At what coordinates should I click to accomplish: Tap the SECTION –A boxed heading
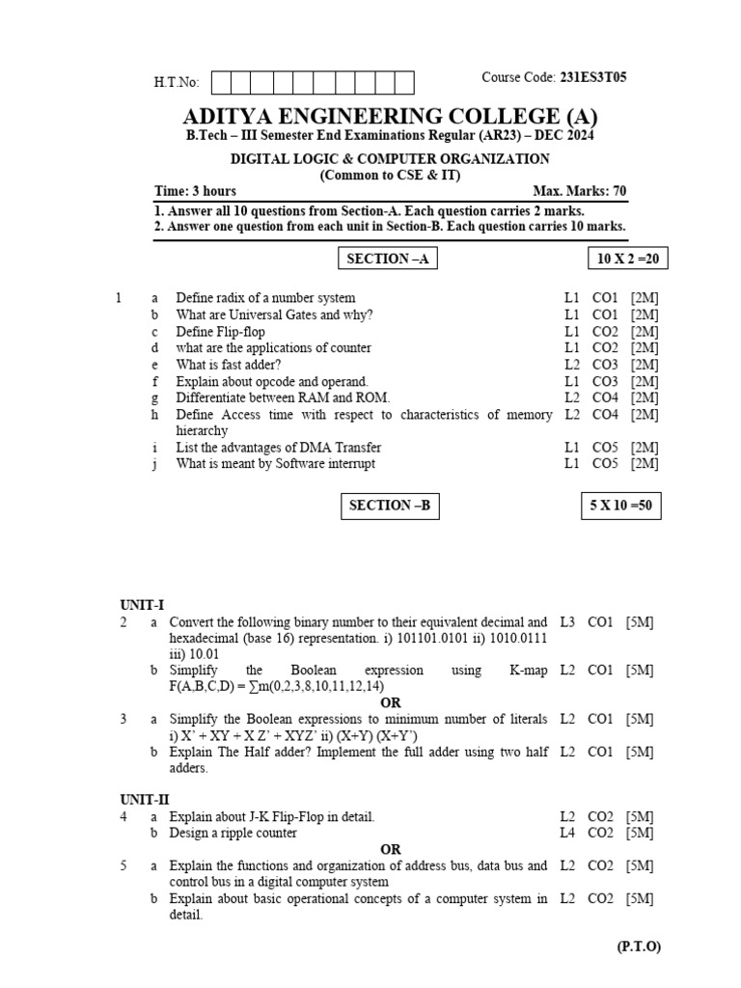pos(391,259)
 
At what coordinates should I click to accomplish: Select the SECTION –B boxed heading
pos(390,506)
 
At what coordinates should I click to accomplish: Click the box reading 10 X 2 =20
pos(627,259)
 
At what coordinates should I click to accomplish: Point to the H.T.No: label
pos(177,83)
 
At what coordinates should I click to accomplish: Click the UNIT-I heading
pos(142,605)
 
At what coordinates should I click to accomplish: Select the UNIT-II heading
pos(145,800)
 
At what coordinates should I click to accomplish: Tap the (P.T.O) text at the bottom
pos(639,947)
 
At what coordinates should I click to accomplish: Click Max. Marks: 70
pos(579,191)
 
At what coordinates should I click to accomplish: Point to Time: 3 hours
pos(195,191)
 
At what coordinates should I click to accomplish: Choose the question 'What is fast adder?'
pos(229,364)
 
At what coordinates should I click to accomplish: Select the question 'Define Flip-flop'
pos(220,331)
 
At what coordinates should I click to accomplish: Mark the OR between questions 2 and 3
pos(390,702)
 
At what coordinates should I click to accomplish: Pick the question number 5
pos(123,865)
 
